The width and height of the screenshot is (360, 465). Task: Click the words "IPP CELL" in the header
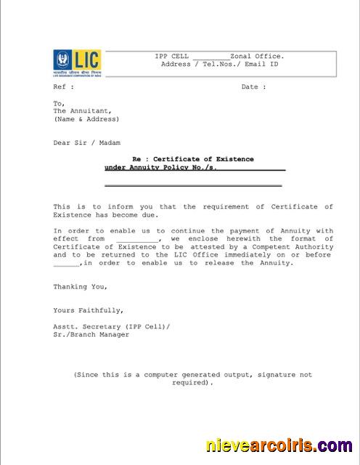coord(171,56)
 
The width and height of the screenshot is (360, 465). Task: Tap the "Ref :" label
coord(64,87)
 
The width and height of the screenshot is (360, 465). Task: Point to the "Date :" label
coord(253,87)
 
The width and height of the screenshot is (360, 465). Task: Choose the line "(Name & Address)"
coord(86,119)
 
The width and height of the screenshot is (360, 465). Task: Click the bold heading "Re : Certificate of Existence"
coord(192,159)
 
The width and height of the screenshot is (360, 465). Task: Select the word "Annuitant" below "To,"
coord(85,111)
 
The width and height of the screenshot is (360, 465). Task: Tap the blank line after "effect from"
coord(136,239)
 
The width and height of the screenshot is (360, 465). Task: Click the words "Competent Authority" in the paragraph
coord(298,247)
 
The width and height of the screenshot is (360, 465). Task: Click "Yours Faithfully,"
coord(83,311)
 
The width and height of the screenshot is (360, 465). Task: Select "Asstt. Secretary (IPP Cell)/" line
coord(111,327)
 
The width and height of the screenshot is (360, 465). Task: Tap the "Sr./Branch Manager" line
coord(91,335)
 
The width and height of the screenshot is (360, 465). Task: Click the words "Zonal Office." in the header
coord(257,56)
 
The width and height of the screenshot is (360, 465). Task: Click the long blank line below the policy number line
coord(193,186)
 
